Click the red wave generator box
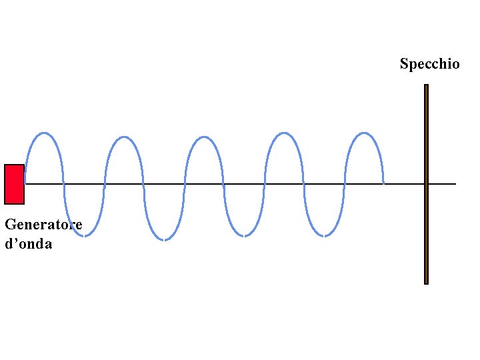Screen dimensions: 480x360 14,184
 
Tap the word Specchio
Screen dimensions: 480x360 429,64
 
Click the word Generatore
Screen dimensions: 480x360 43,225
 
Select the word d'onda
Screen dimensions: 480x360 28,244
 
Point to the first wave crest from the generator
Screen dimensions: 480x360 44,133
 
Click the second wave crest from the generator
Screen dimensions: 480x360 124,137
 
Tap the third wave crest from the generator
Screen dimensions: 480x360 204,137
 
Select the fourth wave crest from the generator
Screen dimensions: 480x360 284,133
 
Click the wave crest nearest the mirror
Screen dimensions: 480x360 364,133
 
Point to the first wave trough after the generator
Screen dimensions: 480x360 85,235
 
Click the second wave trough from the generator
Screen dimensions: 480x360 164,239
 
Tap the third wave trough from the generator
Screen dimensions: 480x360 244,235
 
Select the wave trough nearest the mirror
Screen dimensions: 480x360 324,235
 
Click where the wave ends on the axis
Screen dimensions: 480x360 383,183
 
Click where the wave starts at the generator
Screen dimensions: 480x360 25,183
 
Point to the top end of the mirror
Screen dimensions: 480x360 426,85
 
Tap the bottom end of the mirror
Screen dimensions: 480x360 426,283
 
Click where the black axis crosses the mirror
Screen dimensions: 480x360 426,183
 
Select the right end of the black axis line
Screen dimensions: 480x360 455,183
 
